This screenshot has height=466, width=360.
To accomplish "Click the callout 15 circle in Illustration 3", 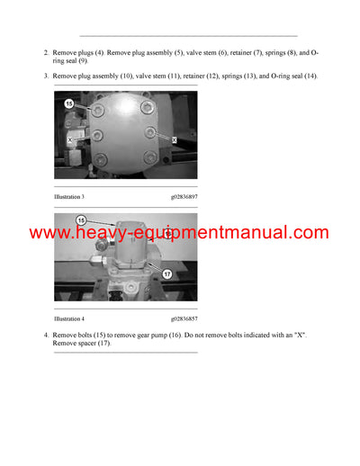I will (68, 104).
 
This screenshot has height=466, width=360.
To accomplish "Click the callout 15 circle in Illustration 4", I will (81, 220).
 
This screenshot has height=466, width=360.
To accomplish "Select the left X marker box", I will (71, 140).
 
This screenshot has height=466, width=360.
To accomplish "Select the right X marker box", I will (174, 140).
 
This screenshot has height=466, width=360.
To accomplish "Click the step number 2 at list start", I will (46, 53).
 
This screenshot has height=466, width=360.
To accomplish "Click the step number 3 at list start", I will (46, 76).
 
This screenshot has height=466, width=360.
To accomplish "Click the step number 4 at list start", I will (46, 336).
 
